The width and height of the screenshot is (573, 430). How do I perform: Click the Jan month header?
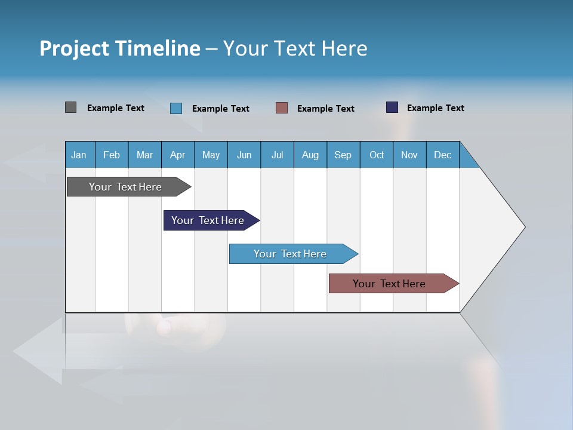79,155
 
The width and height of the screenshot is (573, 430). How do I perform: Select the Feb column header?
112,155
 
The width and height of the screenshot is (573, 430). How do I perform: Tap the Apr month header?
178,155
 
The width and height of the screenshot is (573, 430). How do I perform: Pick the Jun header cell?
244,155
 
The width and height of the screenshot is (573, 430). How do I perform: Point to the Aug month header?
310,155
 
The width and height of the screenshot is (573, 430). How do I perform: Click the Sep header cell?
343,155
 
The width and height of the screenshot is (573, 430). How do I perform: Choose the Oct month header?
377,155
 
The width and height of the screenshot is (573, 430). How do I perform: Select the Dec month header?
443,155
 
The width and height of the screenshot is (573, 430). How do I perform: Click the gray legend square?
70,107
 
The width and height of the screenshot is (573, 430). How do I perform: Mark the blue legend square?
176,108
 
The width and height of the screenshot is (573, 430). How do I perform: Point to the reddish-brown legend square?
282,108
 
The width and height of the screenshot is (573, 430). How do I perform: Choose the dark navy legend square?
392,107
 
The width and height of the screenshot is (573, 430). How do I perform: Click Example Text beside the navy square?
435,108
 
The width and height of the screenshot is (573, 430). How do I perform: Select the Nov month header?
409,155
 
